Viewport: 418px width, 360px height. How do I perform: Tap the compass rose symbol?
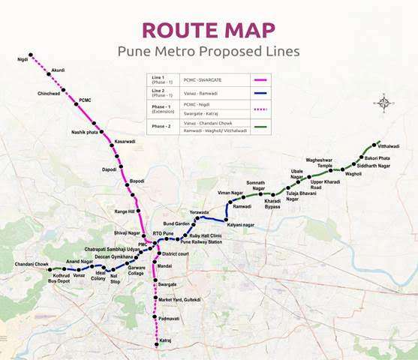384,102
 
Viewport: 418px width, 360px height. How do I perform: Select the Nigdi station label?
22,58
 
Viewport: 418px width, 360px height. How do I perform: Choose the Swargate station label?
167,284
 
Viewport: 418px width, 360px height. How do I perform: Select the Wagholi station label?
353,173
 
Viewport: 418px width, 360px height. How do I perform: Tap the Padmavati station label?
169,319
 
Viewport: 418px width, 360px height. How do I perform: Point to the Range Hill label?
124,211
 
